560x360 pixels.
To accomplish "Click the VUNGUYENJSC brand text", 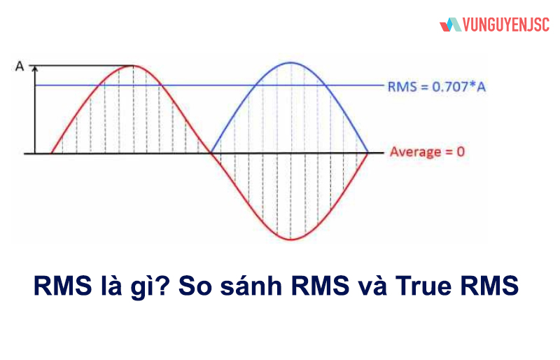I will [505, 25].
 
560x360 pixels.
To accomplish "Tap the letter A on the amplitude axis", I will [20, 67].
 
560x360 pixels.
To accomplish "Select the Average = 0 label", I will [427, 151].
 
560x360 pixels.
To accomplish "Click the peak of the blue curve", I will [290, 63].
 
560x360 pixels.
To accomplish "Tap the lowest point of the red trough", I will [290, 240].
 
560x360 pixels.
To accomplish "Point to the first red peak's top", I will [132, 65].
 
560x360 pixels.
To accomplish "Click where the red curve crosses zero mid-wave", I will [211, 152].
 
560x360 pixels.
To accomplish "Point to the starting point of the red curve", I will [52, 152].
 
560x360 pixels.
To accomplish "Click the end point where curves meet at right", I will [368, 152].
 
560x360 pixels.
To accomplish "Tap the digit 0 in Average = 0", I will [461, 151].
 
